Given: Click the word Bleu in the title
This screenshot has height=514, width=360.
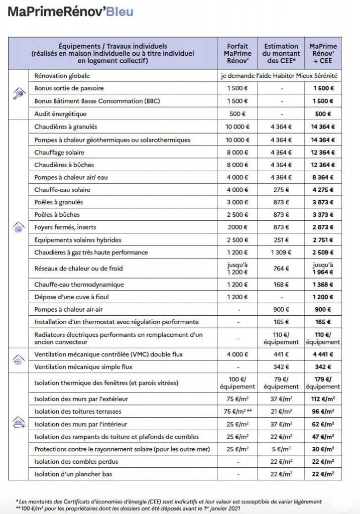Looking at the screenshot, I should click(119, 12).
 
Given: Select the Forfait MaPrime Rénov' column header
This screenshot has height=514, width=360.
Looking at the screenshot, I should click(237, 53).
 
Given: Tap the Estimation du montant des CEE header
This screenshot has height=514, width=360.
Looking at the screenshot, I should click(282, 53).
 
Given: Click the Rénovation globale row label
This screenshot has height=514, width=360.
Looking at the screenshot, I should click(62, 76).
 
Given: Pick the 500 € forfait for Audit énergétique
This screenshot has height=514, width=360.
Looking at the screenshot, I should click(237, 114).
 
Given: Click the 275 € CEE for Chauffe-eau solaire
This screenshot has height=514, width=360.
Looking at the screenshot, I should click(282, 190).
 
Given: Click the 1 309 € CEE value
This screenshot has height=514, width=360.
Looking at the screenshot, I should click(282, 252).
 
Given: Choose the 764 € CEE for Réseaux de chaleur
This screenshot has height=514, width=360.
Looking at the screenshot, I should click(282, 269).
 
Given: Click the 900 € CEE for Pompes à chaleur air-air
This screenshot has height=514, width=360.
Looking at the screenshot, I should click(282, 309).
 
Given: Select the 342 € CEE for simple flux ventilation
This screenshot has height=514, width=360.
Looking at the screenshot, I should click(282, 367).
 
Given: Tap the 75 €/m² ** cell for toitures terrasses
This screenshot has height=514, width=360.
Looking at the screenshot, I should click(237, 412).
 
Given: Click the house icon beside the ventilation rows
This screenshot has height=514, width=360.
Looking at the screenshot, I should click(18, 360).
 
